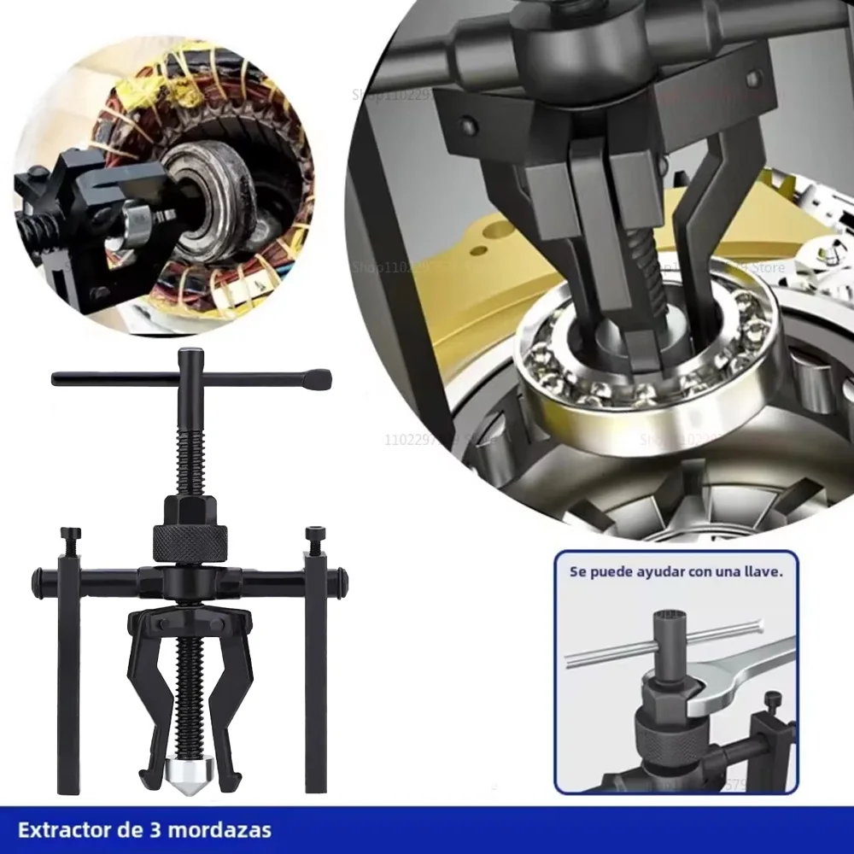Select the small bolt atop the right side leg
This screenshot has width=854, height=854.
pyautogui.click(x=315, y=536)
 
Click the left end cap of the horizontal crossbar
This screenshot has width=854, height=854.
pyautogui.click(x=38, y=582)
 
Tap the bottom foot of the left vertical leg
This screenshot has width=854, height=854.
pyautogui.click(x=68, y=781)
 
